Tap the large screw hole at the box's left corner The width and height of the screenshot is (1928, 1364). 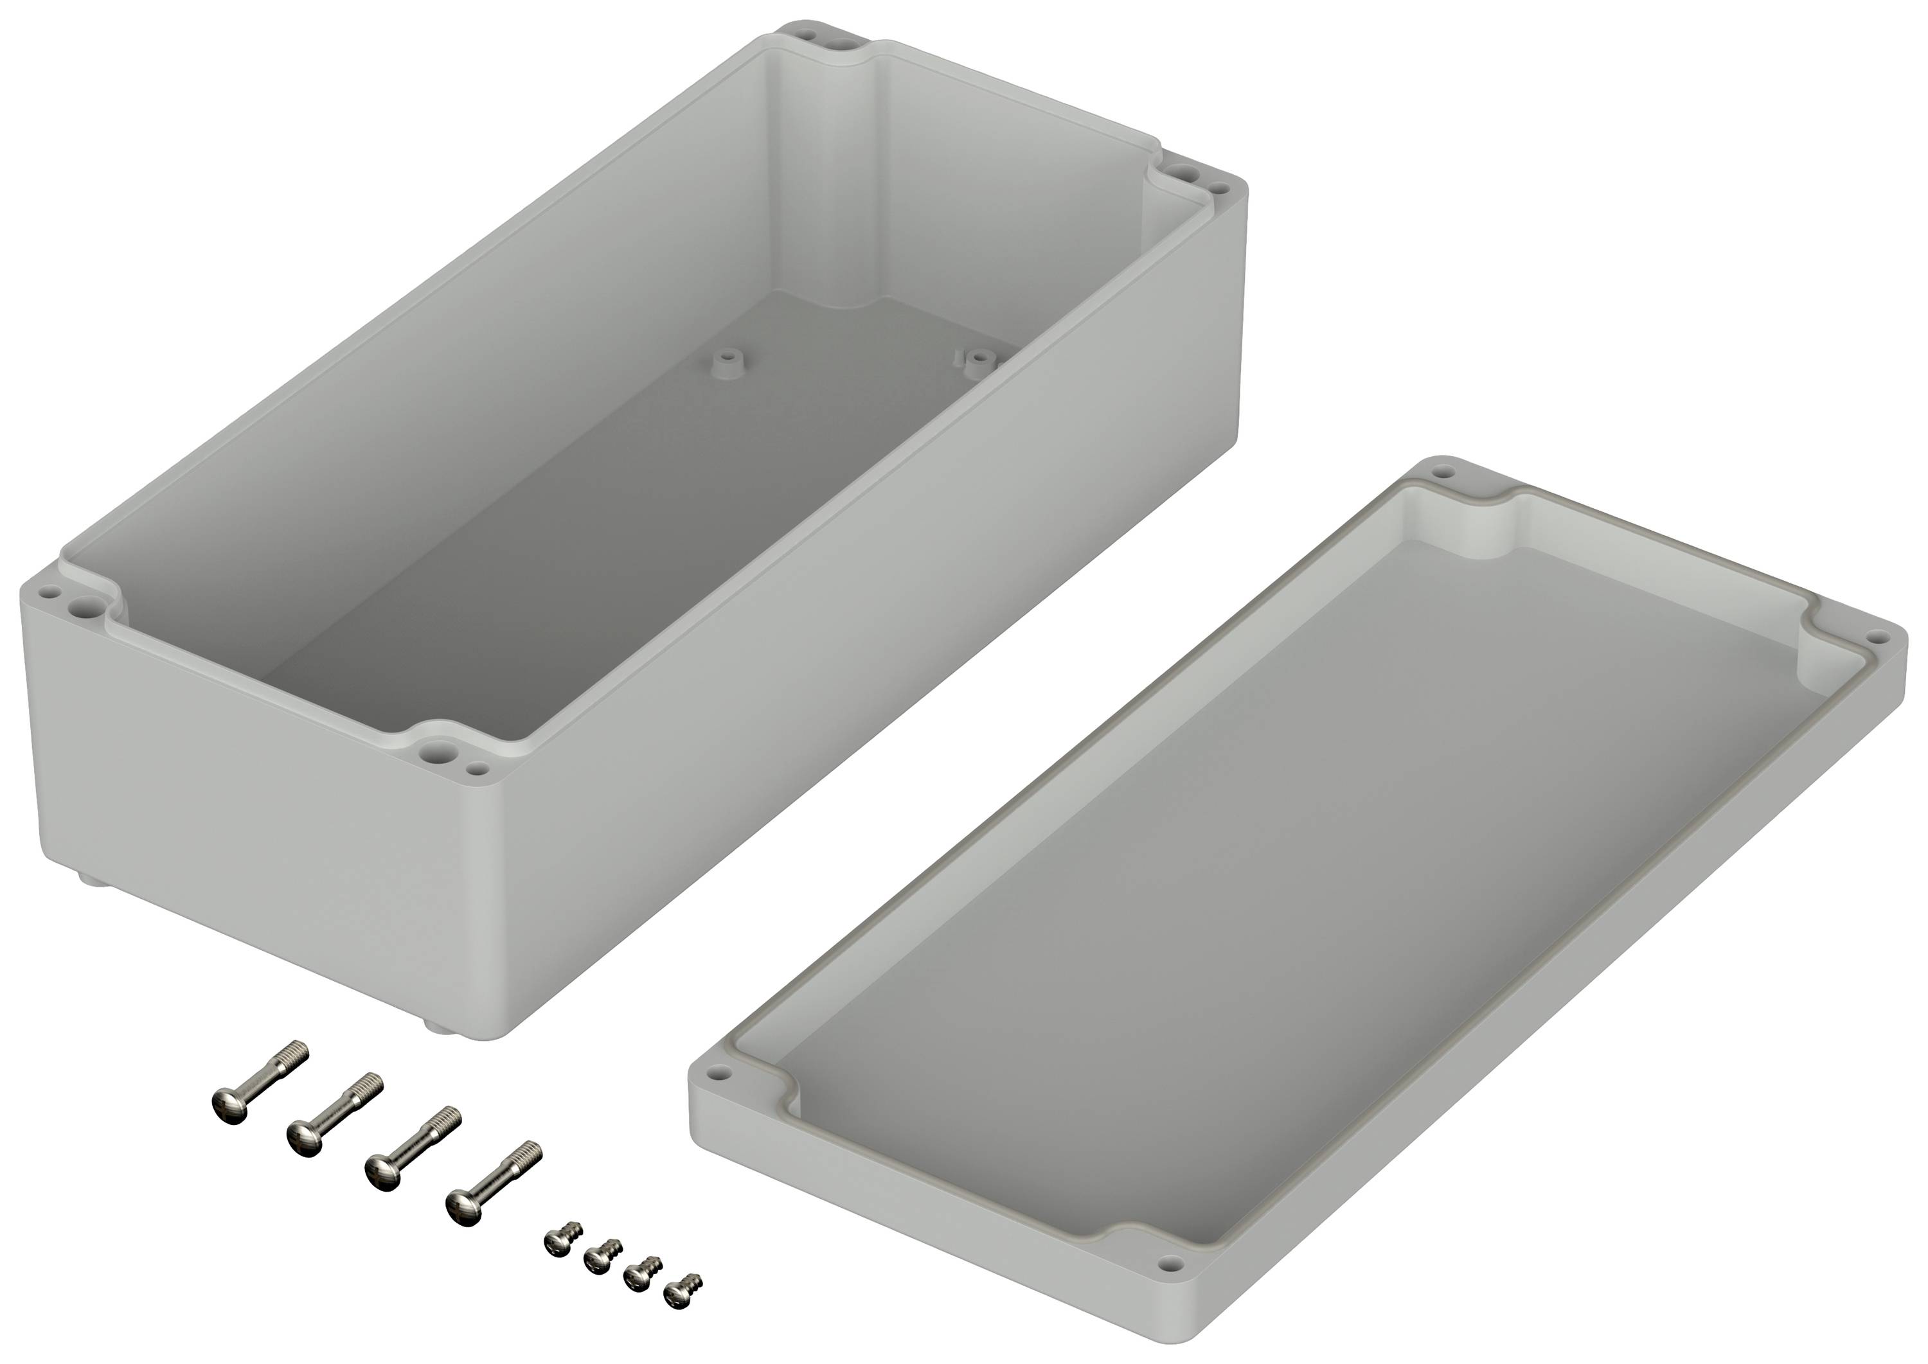[x=82, y=603]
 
